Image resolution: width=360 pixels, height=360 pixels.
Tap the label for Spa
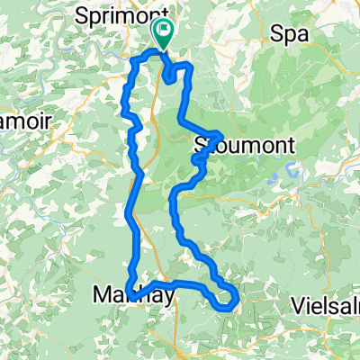click(289, 34)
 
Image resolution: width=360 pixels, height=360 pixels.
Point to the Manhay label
click(126, 292)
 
